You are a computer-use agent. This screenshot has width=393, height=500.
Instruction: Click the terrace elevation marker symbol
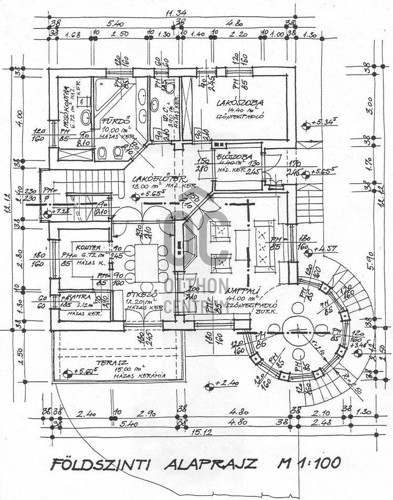point(68,375)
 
